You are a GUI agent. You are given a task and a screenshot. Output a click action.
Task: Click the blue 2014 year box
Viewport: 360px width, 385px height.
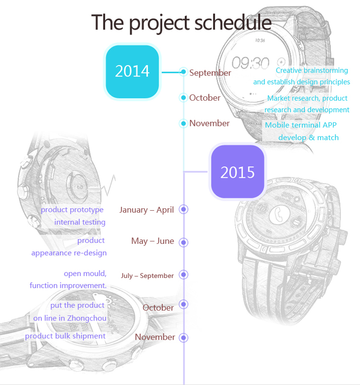132,72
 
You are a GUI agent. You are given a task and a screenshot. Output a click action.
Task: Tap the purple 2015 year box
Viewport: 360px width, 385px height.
237,171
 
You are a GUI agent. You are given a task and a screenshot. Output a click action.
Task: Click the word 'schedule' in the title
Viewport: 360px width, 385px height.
233,23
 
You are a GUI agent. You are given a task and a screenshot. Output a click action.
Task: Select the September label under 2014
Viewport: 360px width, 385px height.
210,73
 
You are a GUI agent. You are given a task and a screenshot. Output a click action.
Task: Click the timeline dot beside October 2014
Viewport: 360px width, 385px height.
183,97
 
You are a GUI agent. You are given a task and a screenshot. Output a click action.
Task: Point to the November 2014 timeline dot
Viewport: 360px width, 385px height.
183,123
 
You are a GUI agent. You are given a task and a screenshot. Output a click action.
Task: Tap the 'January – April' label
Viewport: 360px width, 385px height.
146,210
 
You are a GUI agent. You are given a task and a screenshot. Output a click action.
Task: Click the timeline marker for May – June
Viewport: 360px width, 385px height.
183,242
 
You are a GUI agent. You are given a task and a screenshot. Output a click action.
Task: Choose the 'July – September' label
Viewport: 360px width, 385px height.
147,276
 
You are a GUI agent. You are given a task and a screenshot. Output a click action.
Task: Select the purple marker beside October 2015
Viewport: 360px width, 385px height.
183,304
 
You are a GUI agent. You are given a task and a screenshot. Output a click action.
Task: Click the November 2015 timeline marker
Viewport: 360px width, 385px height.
183,338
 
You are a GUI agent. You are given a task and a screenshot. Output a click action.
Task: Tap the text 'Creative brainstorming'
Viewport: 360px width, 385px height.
312,71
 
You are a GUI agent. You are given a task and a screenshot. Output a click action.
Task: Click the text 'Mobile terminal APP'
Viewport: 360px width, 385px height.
301,125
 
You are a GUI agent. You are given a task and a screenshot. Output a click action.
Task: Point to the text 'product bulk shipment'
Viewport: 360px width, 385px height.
65,336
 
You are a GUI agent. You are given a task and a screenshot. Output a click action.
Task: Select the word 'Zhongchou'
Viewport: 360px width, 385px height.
87,318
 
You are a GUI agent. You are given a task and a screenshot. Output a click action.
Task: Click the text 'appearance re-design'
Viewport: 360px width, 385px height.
69,253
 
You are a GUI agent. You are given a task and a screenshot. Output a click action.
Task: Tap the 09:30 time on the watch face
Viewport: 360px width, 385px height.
251,63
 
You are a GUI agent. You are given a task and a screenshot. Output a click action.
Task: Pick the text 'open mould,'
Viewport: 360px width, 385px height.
85,273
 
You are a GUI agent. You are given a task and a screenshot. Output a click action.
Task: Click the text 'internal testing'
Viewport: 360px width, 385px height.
80,222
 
